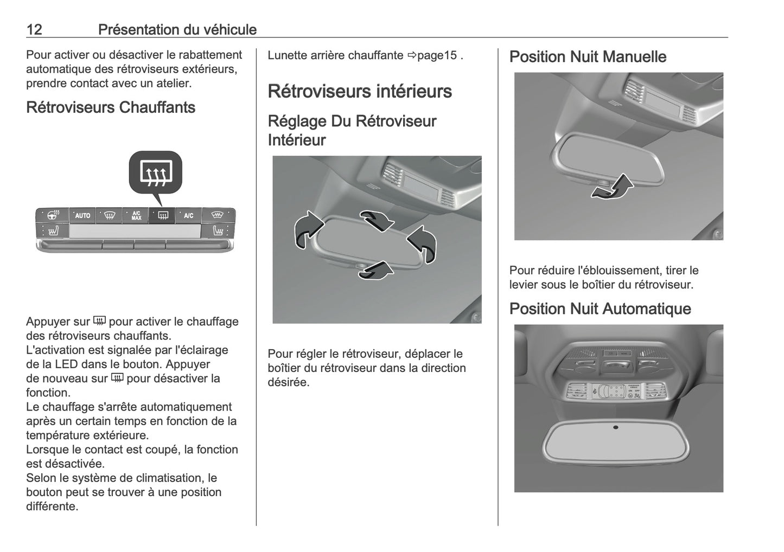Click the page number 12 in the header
tap(34, 29)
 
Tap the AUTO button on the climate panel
tap(82, 216)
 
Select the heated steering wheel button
tap(53, 215)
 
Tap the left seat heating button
tap(53, 232)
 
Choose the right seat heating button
tap(218, 232)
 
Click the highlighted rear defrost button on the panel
tap(162, 216)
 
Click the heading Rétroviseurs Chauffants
tap(111, 107)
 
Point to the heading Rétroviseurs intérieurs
tap(359, 91)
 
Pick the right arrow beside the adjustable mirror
tap(423, 244)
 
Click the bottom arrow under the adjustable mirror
tap(375, 270)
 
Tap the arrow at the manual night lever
tap(612, 188)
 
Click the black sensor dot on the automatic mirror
tap(615, 427)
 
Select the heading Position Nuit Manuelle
tap(588, 57)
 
